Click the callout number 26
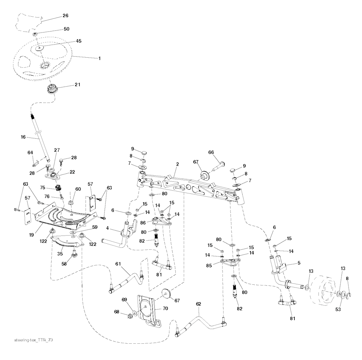click(65, 16)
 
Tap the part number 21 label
click(77, 85)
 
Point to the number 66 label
click(211, 152)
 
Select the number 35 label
click(60, 254)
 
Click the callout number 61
click(118, 263)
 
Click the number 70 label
click(165, 308)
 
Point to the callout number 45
click(78, 41)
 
